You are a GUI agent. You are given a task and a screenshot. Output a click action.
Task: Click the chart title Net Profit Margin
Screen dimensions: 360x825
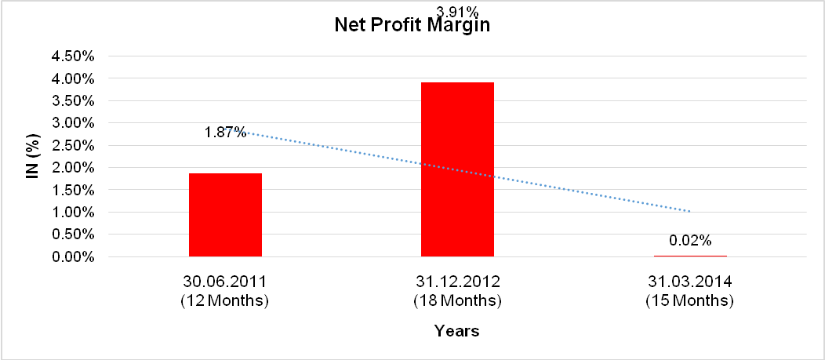412,25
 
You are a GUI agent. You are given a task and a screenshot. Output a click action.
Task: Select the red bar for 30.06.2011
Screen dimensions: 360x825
225,215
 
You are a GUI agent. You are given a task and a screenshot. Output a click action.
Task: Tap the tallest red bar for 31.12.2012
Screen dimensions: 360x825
457,169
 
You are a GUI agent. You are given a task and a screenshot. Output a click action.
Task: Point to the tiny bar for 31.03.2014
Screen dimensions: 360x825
690,256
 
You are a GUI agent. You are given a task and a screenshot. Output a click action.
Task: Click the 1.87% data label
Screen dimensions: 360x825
226,133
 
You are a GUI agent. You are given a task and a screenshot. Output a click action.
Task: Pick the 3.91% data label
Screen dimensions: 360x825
457,11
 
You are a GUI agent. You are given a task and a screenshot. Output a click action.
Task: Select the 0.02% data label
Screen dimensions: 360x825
690,239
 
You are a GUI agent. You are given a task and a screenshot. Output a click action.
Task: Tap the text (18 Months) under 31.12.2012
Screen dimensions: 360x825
457,300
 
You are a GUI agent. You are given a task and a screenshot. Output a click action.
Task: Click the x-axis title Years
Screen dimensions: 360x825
457,331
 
